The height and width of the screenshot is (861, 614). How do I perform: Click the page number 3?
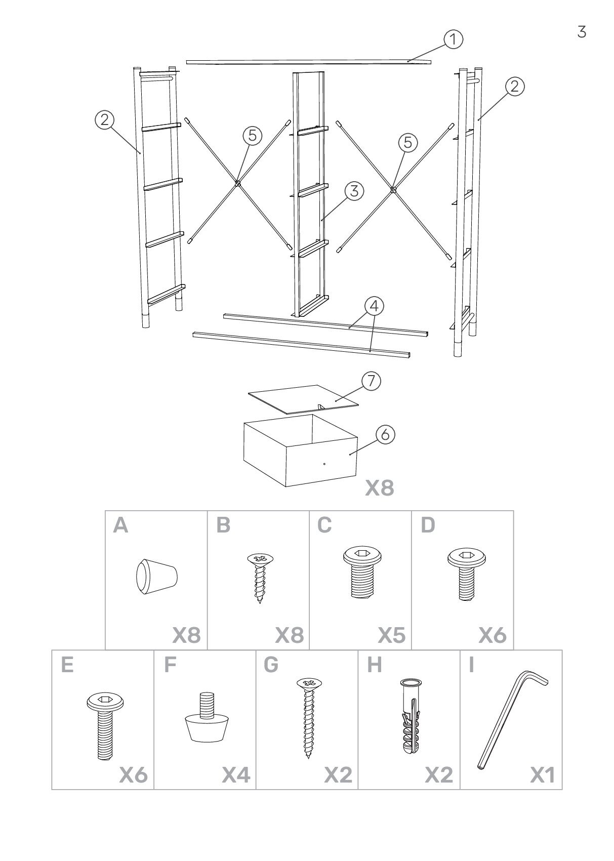pos(582,32)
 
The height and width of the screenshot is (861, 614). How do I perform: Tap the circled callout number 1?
pos(454,39)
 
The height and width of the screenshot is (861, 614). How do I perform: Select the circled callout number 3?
pos(354,191)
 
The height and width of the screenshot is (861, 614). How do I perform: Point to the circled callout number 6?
pos(386,435)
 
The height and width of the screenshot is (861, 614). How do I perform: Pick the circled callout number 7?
pos(372,381)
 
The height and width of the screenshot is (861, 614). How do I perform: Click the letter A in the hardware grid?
pos(121,526)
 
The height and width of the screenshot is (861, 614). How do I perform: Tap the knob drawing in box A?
pos(156,576)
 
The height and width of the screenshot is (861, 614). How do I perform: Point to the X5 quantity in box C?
pos(392,635)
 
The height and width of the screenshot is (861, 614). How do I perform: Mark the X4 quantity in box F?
pos(236,775)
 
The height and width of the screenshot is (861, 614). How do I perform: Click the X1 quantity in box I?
pos(542,775)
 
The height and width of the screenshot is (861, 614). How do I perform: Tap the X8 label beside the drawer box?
pos(380,488)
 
